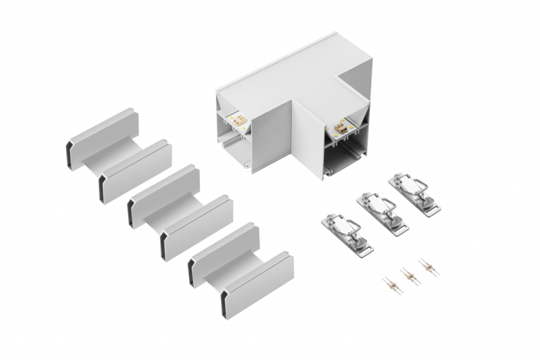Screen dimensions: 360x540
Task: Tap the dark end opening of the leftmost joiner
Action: [71, 154]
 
